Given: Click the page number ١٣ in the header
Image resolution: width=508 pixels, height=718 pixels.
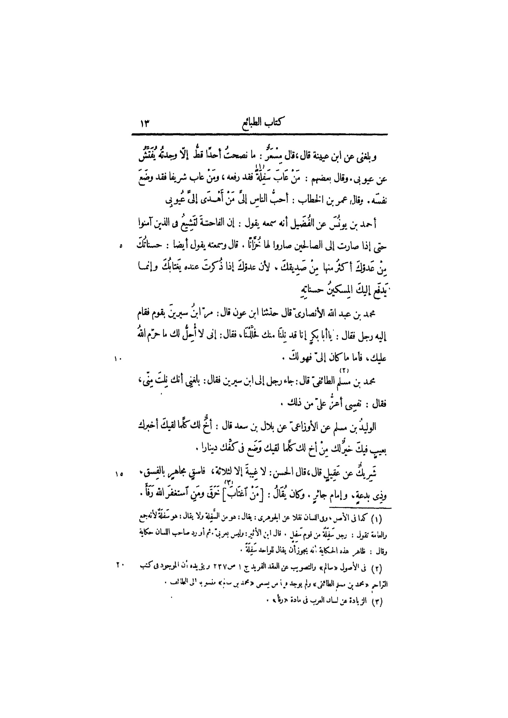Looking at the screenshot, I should click(145, 124).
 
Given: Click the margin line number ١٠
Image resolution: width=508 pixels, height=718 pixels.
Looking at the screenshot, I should click(117, 358).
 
